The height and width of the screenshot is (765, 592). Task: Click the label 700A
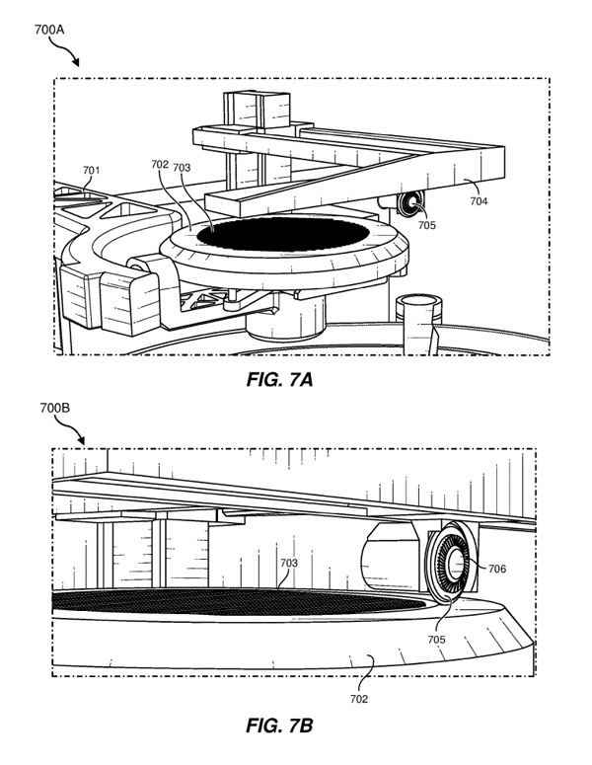click(x=48, y=30)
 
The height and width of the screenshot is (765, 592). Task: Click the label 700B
click(x=54, y=408)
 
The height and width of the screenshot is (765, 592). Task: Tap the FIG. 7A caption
click(x=279, y=379)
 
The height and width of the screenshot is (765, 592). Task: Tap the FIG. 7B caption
click(x=279, y=726)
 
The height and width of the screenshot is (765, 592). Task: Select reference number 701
click(x=91, y=170)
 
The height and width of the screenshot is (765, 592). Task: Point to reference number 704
click(x=479, y=200)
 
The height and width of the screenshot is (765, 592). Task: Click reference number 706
click(x=497, y=569)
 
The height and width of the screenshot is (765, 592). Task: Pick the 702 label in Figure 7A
click(x=160, y=165)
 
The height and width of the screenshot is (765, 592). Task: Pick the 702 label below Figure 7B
click(x=359, y=699)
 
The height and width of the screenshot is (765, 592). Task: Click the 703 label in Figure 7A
click(x=182, y=168)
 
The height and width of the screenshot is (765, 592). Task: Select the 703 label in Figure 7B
click(x=289, y=563)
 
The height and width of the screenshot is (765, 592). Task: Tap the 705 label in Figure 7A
click(x=426, y=225)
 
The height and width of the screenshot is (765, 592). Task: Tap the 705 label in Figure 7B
click(x=436, y=639)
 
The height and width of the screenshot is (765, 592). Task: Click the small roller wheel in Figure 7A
click(x=410, y=202)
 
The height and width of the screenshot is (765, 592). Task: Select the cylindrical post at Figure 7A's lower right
click(x=418, y=324)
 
